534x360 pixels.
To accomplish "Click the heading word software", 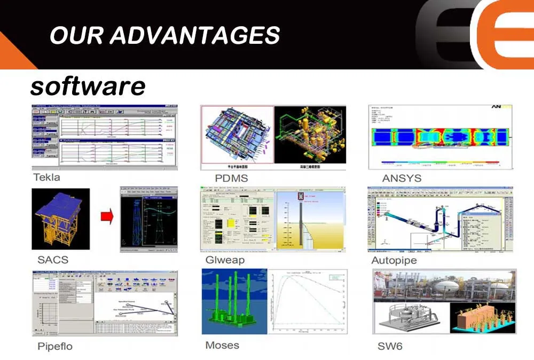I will click(x=88, y=85).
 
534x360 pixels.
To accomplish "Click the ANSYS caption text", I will click(x=402, y=178).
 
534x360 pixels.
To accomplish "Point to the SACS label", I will click(x=53, y=260).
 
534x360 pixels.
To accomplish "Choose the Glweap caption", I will click(x=225, y=260).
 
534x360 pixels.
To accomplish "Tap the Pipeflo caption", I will click(x=55, y=346).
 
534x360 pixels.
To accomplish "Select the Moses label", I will click(x=222, y=345).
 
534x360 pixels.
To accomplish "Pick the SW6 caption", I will click(x=390, y=346).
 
